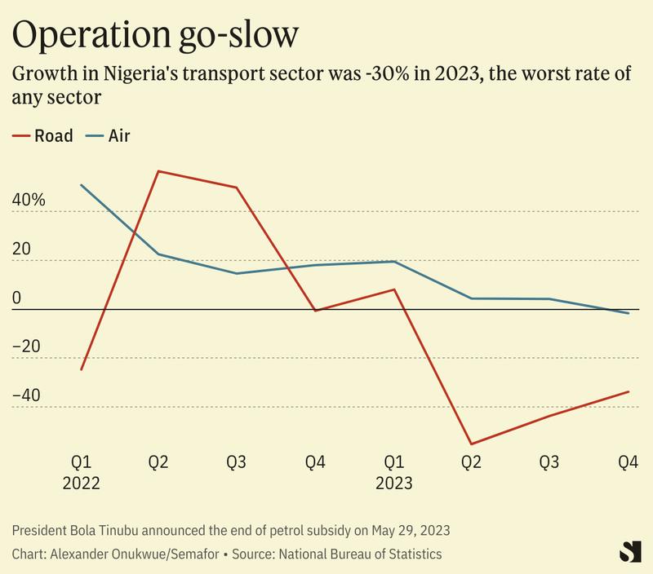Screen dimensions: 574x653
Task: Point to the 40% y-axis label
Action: tap(29, 201)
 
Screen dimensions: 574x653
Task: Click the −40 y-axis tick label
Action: tap(28, 395)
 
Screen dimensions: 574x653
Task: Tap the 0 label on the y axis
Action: tap(17, 298)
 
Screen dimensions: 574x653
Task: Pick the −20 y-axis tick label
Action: tap(28, 347)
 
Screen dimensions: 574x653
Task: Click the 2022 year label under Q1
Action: tap(81, 483)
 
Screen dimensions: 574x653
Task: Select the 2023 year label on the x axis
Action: tap(393, 483)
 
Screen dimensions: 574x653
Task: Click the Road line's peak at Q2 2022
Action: tap(158, 171)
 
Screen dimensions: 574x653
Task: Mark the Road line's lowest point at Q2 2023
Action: tap(471, 444)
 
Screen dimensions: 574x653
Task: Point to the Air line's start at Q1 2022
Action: tap(81, 185)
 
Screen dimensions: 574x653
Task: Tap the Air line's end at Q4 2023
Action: tap(628, 313)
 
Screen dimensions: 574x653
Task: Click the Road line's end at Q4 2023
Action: tap(628, 392)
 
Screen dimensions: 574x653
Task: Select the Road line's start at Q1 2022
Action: tap(81, 369)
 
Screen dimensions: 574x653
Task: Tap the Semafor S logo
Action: tap(627, 550)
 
